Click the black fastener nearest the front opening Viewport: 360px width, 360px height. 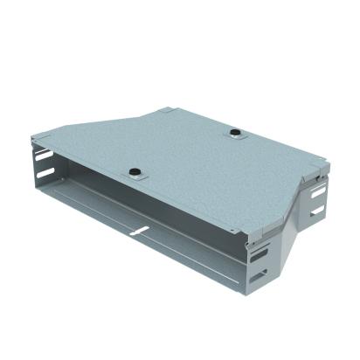tap(135, 171)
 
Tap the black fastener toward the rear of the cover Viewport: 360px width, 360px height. tap(235, 134)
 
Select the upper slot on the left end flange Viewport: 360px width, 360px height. tap(43, 163)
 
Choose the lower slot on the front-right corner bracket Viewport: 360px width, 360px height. tap(260, 278)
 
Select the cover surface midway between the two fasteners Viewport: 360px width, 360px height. tap(185, 153)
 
